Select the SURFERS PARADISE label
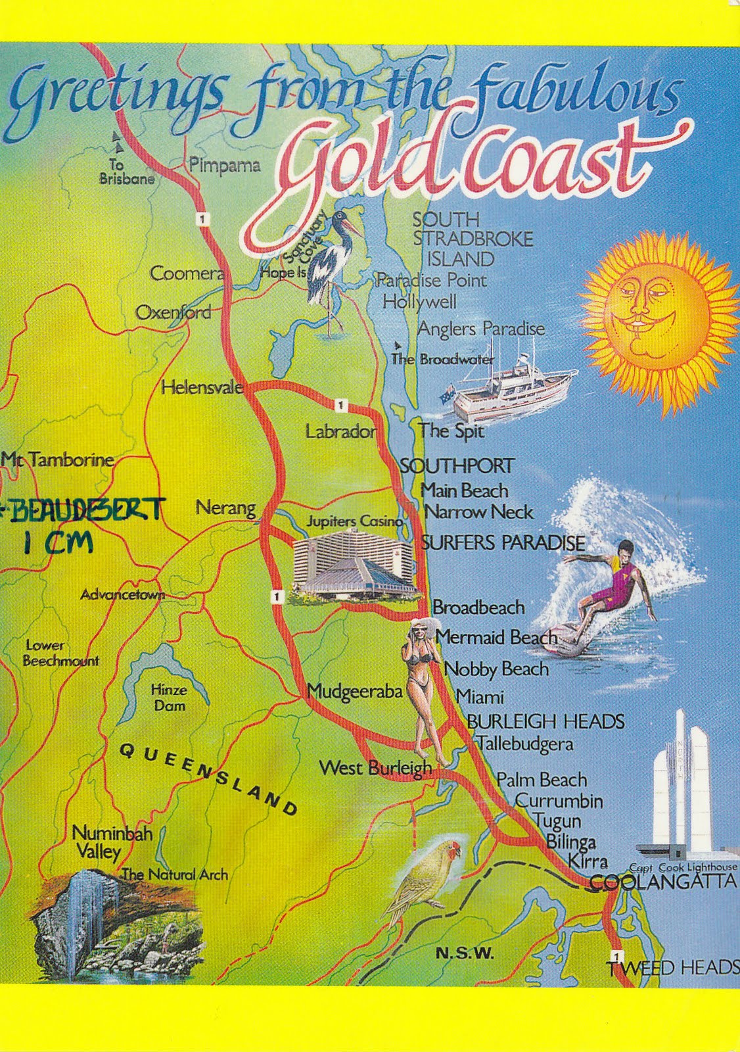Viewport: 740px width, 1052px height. (x=503, y=543)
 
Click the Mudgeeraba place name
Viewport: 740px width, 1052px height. (x=354, y=692)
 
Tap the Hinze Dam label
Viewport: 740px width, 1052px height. (x=169, y=698)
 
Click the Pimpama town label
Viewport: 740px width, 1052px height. (x=224, y=165)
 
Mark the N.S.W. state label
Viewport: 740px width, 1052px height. (x=465, y=954)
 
